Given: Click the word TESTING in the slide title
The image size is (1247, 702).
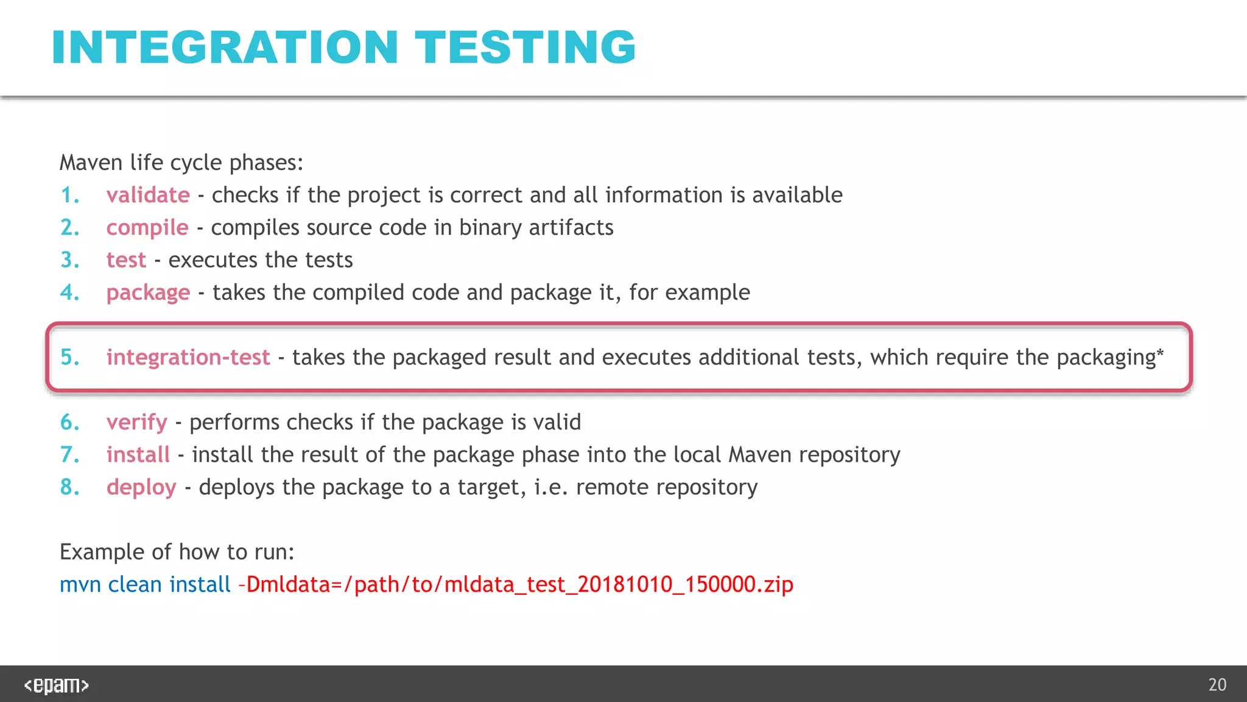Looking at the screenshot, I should click(525, 48).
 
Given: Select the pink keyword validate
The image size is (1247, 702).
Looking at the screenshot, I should click(148, 196).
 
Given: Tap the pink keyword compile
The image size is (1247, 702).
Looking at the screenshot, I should click(147, 228).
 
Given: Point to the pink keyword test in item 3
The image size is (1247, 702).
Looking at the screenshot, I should click(126, 260).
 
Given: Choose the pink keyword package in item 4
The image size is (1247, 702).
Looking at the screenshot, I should click(148, 293).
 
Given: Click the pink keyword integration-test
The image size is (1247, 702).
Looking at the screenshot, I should click(188, 357).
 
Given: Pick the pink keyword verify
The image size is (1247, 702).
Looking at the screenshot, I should click(136, 422).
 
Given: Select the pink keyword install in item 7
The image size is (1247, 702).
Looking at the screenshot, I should click(138, 455).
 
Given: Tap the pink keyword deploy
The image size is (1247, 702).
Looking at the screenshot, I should click(141, 487).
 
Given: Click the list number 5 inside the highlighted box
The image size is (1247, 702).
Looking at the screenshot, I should click(69, 357).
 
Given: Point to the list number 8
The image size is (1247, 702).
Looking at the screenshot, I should click(69, 487).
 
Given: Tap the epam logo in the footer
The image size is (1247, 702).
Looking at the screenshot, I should click(57, 685).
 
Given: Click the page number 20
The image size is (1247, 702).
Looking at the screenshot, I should click(1217, 685).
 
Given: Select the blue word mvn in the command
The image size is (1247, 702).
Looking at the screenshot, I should click(80, 585).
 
